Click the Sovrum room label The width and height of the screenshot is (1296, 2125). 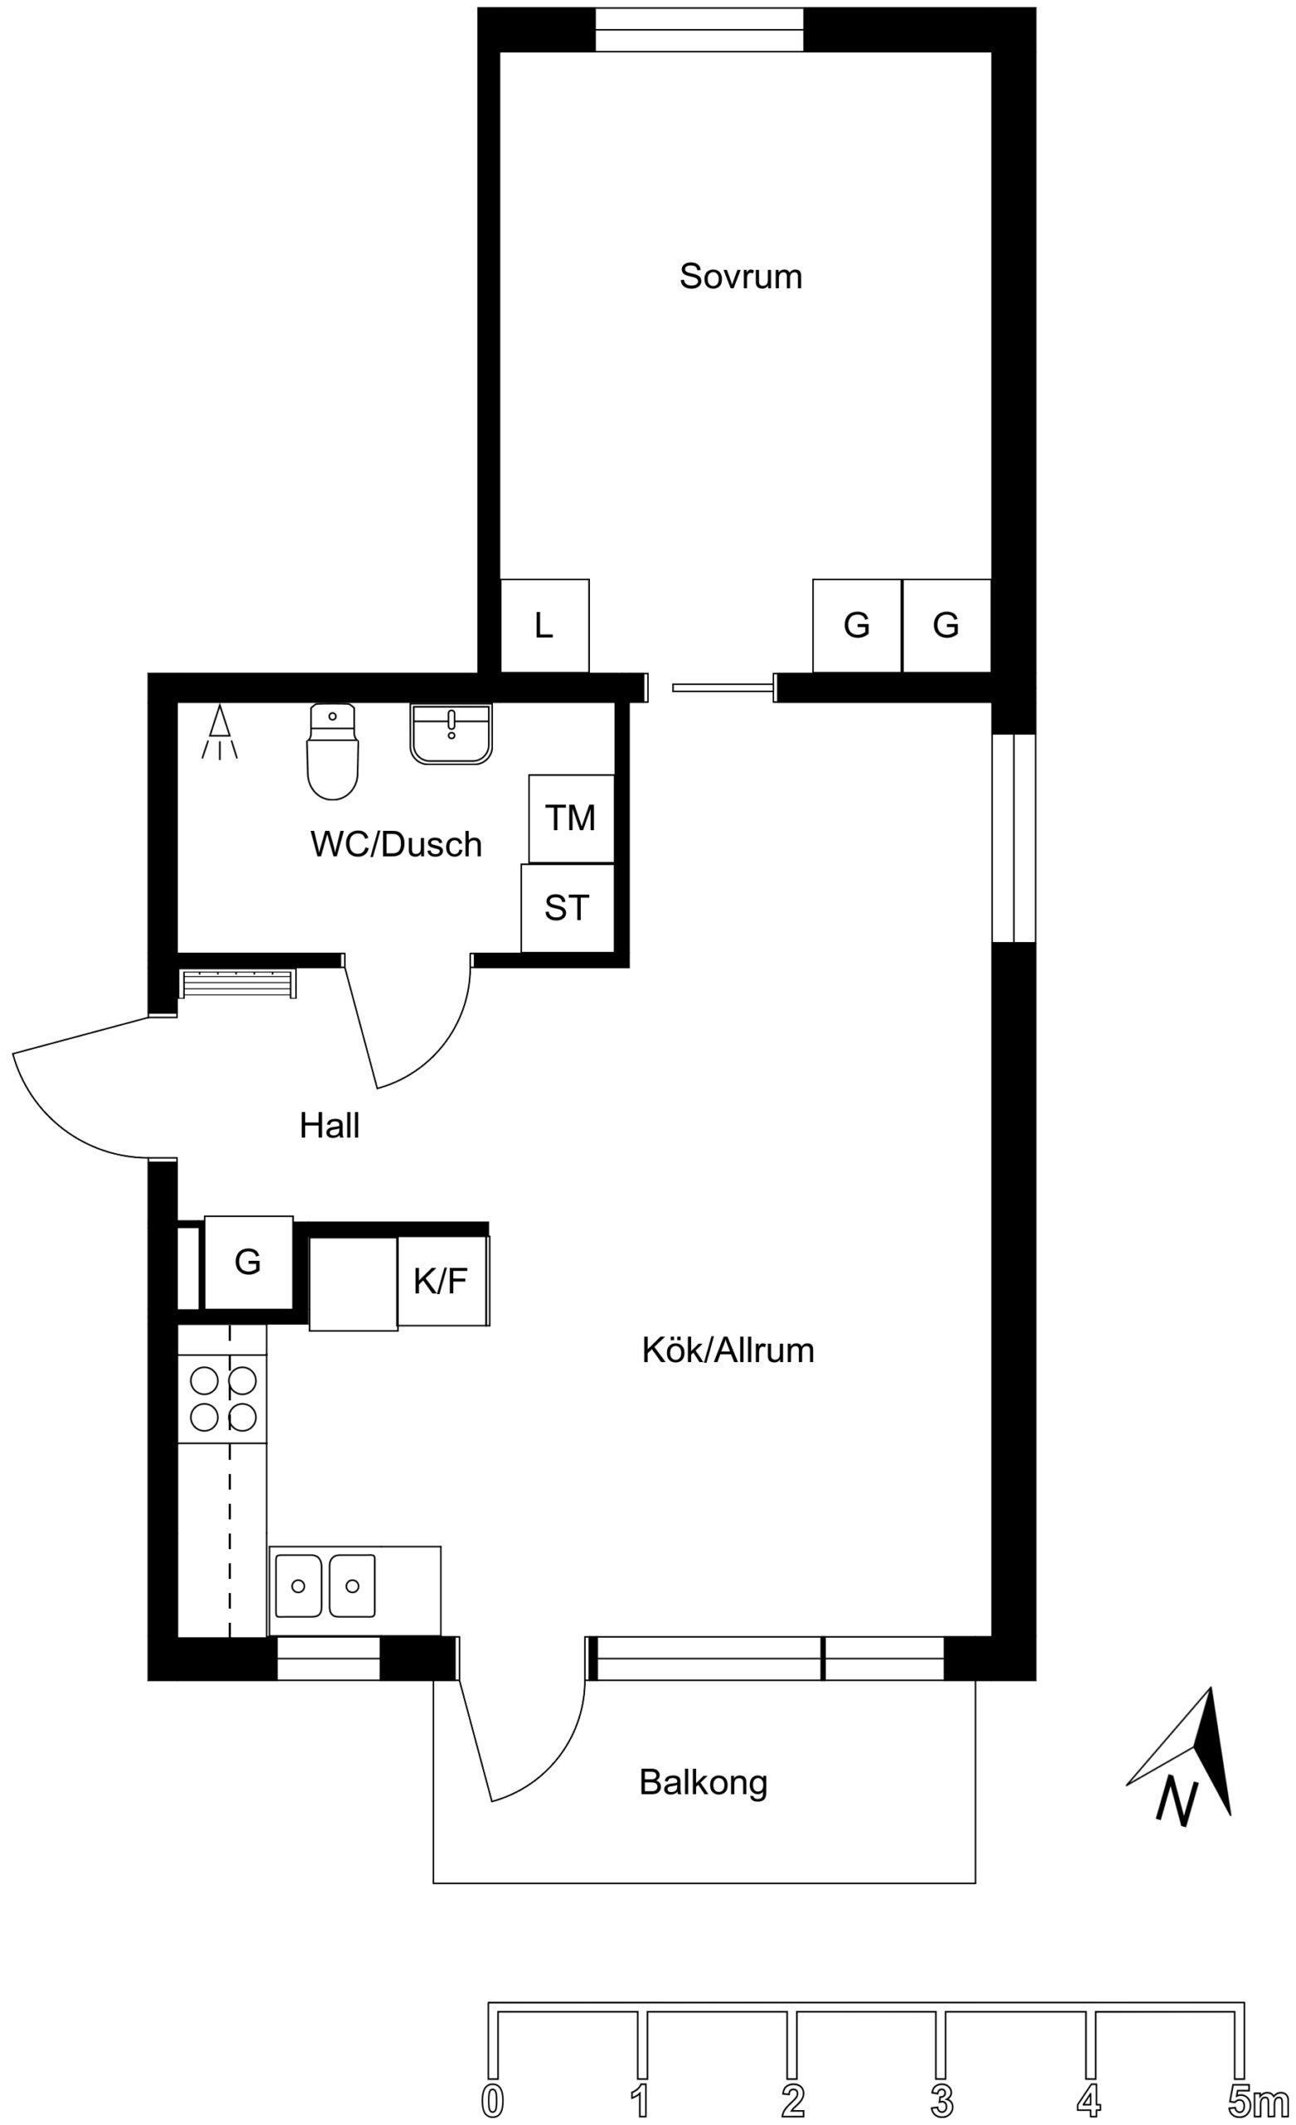pos(740,276)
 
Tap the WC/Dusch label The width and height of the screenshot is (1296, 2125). pos(396,844)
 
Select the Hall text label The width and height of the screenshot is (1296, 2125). pos(329,1126)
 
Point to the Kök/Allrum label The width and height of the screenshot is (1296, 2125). pos(728,1350)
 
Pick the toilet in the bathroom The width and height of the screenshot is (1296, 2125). pos(332,751)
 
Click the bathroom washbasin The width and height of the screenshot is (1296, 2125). pos(451,734)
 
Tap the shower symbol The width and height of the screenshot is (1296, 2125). pos(220,732)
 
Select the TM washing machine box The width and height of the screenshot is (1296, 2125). pos(571,818)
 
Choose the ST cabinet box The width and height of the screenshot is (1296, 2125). pos(567,908)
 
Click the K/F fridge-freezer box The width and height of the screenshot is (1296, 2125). pos(442,1281)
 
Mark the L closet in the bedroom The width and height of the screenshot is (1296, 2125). pos(545,625)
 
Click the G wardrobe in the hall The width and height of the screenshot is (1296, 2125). pos(248,1262)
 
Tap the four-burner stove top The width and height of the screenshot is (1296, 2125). pos(222,1398)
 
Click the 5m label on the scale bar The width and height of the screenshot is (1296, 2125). pos(1259,2094)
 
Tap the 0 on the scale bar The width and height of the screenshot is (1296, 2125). pos(492,2095)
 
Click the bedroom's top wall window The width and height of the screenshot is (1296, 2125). pos(699,30)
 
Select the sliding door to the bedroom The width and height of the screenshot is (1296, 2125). pos(723,687)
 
